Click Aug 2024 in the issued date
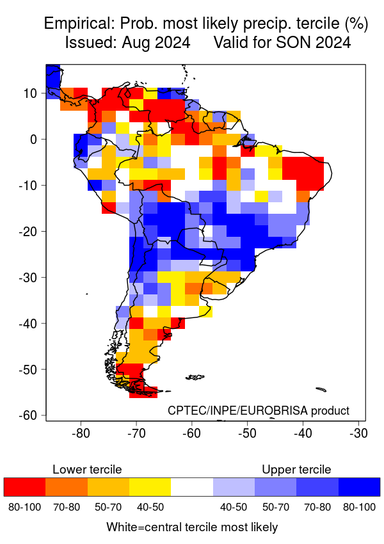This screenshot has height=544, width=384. pos(161,44)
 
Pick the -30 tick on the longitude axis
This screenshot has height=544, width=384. pos(358,433)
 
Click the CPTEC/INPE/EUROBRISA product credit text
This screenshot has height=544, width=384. pos(259,410)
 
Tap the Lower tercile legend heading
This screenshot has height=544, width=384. pos(87,469)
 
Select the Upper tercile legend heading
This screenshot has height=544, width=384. pos(296,469)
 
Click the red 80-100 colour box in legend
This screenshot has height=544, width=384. pos(24,487)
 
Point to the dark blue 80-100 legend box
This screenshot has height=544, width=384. pos(359,487)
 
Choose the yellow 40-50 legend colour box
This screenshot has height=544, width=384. pos(150,487)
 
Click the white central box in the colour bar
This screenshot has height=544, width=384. pos(192,487)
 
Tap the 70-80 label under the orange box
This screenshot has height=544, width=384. pos(66,507)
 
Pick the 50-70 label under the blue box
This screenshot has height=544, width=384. pos(275,507)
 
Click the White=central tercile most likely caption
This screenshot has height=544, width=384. pos(192,527)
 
